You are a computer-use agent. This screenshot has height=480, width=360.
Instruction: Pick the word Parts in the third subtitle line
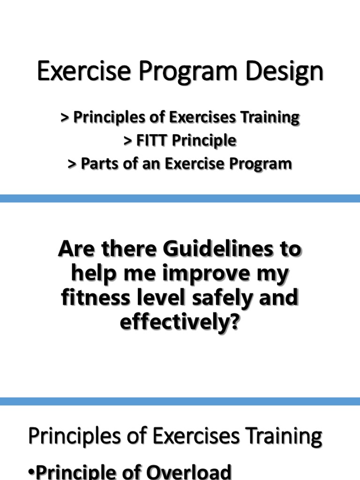point(97,164)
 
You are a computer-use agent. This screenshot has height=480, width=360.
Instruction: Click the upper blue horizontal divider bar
point(180,198)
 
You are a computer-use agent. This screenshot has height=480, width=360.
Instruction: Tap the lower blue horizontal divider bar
point(180,401)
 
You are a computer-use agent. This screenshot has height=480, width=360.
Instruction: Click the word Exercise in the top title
point(75,73)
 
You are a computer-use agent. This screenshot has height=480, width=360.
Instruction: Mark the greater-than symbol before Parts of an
point(72,164)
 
